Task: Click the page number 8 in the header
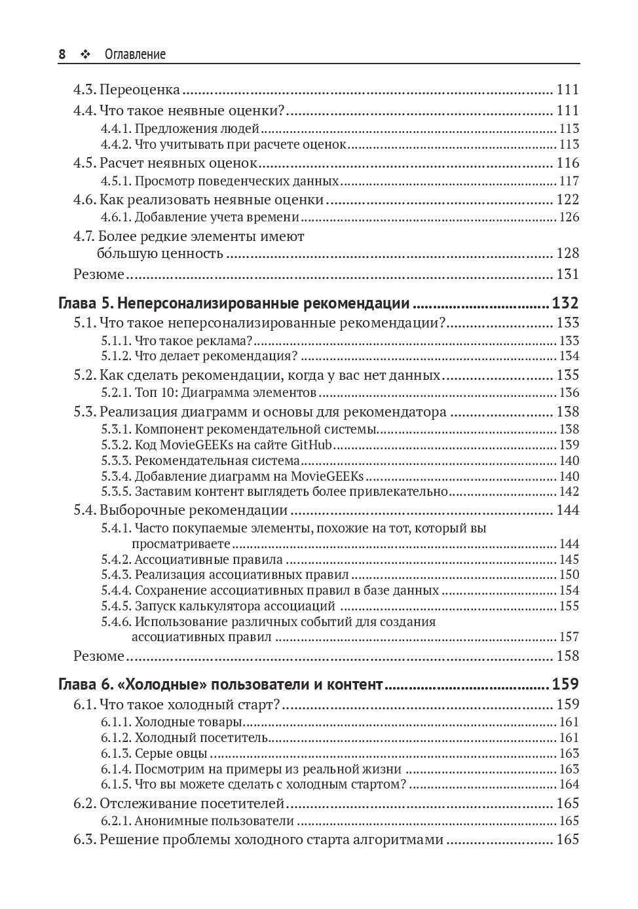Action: click(x=62, y=54)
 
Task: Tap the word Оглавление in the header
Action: click(x=135, y=54)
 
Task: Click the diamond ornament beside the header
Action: click(x=84, y=54)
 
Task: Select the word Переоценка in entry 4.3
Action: click(x=140, y=90)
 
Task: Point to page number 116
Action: click(x=567, y=163)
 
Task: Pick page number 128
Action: click(x=567, y=253)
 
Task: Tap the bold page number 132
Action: click(x=565, y=304)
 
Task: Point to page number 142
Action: click(x=569, y=492)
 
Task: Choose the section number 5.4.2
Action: click(x=116, y=560)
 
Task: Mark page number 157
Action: click(x=569, y=637)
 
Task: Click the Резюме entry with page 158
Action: click(x=98, y=656)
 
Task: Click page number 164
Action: click(x=569, y=785)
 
